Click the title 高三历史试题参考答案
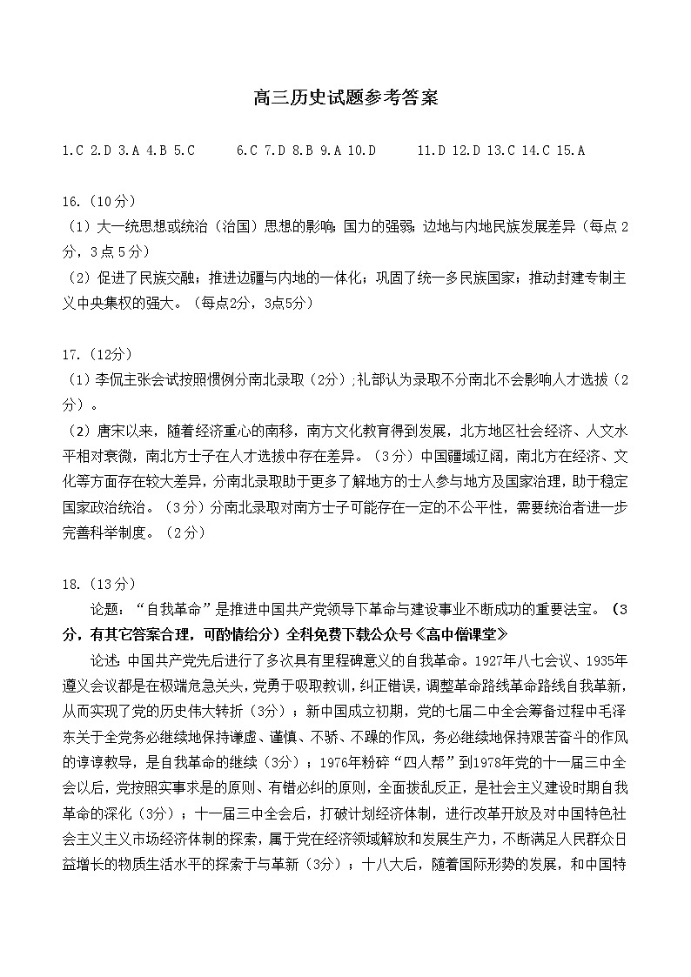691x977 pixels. click(x=345, y=98)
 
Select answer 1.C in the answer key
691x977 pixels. click(x=73, y=151)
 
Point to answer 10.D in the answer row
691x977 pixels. click(x=361, y=151)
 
